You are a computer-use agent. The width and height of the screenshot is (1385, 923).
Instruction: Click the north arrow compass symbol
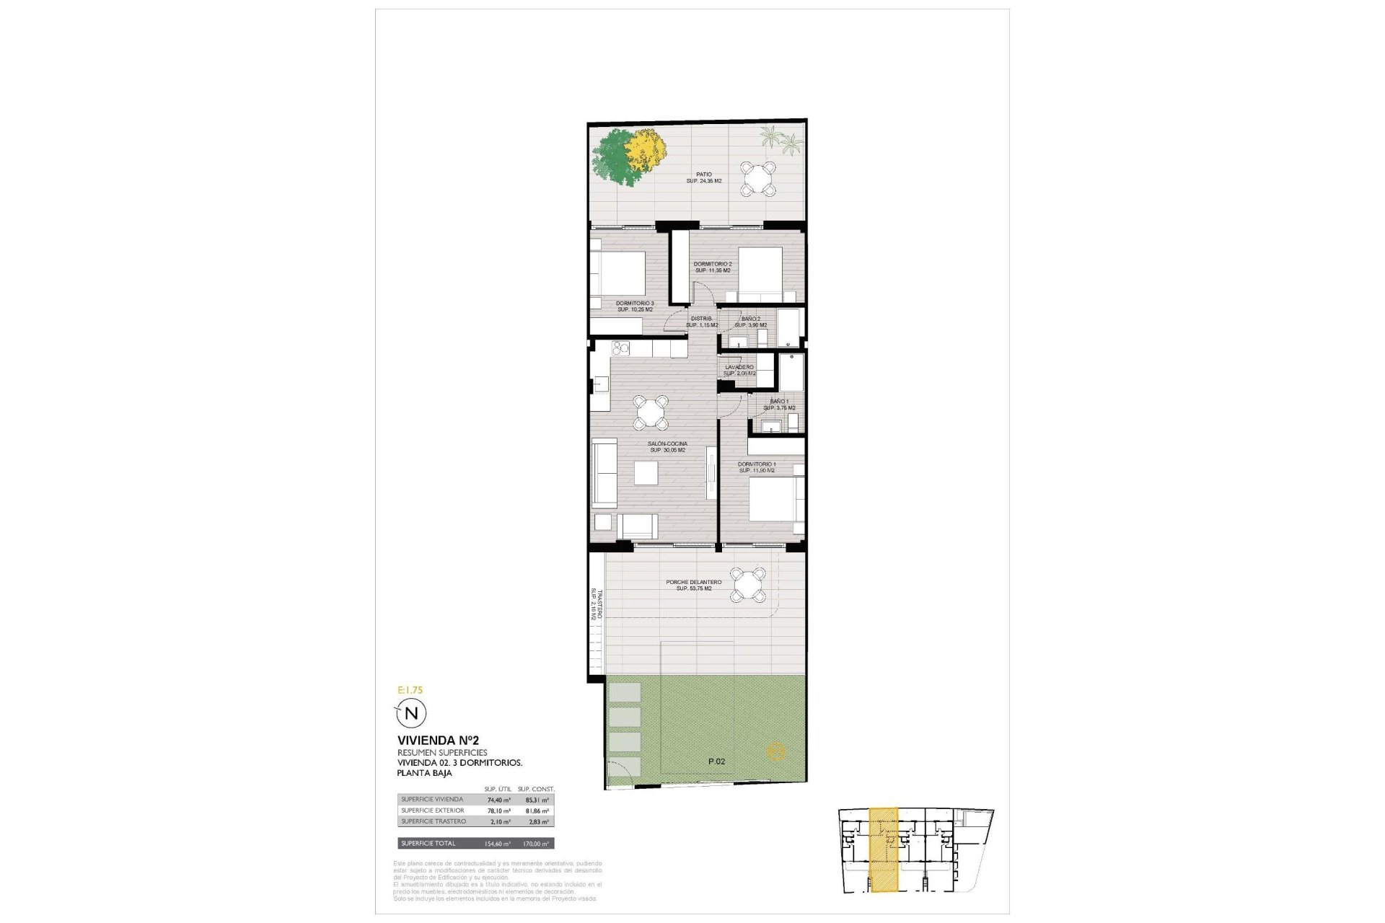coord(412,713)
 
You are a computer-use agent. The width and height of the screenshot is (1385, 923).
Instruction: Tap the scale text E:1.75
coord(410,690)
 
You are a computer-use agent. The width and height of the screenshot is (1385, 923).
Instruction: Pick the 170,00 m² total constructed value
coord(535,844)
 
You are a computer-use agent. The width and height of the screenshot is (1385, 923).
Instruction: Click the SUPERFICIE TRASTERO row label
coord(434,821)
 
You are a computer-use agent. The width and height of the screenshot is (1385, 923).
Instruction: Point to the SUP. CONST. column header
coord(536,790)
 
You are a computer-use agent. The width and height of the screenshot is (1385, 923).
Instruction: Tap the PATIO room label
coord(703,175)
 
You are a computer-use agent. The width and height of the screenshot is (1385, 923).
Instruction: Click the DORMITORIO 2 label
coord(712,264)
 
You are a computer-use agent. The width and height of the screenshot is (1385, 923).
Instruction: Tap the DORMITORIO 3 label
coord(635,303)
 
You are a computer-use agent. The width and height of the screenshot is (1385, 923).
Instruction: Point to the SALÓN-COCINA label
coord(667,444)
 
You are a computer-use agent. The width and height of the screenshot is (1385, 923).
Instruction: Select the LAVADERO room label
coord(739,368)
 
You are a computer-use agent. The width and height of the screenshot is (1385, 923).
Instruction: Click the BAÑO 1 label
coord(779,401)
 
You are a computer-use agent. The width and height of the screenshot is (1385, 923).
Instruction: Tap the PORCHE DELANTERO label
coord(694,582)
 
